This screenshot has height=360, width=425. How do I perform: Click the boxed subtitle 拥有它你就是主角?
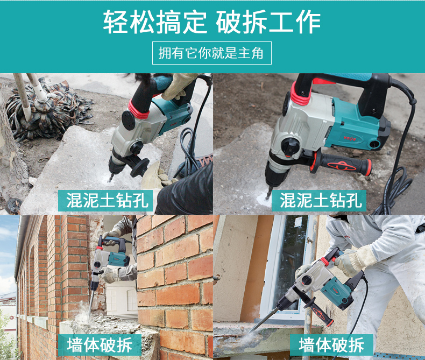point(211,53)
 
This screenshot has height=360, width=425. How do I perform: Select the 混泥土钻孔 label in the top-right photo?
point(320,201)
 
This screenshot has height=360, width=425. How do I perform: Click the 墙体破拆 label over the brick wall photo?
point(100,345)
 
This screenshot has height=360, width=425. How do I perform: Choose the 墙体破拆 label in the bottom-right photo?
point(331,345)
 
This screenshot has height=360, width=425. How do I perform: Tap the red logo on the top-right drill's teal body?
point(350,139)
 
